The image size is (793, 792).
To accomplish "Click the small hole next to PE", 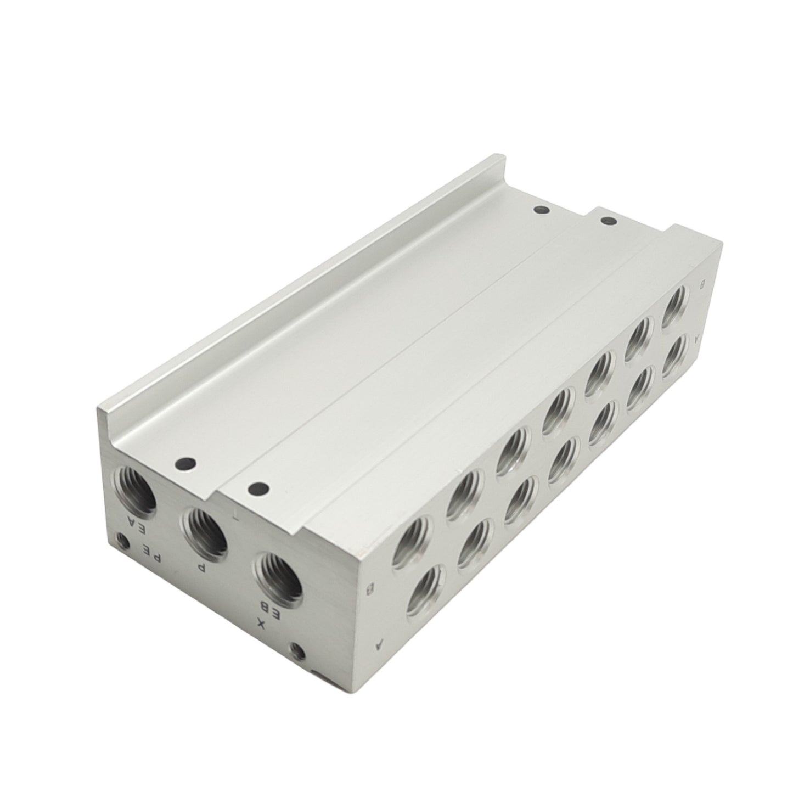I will [x=123, y=543].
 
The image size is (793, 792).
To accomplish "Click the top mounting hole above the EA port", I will [x=183, y=464].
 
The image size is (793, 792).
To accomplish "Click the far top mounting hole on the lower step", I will [x=607, y=221].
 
